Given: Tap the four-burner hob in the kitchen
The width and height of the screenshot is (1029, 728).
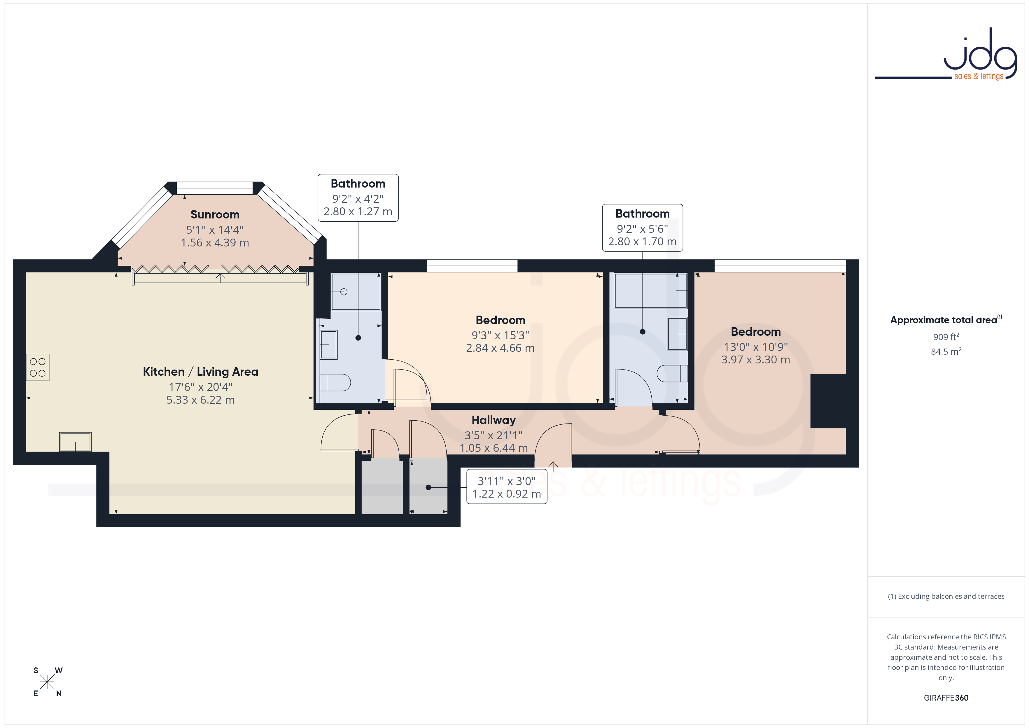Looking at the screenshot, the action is click(x=38, y=367).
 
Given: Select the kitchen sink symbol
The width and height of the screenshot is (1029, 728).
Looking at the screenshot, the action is click(x=75, y=442).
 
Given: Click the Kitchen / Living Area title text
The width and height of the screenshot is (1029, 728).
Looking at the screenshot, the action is click(x=200, y=372).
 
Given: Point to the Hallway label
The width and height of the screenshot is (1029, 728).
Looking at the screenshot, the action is click(x=494, y=420).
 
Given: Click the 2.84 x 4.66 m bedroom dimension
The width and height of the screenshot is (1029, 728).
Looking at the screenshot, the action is click(x=500, y=348).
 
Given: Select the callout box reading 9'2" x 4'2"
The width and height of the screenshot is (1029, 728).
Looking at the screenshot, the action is click(x=358, y=198).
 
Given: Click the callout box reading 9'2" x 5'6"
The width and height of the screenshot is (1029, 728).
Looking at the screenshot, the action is click(x=642, y=228).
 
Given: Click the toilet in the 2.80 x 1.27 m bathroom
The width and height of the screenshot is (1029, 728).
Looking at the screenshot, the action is click(x=335, y=382).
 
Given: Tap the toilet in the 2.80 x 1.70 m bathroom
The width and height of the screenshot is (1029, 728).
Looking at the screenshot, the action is click(x=672, y=373).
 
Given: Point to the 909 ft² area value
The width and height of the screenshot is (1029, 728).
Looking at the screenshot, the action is click(x=946, y=337).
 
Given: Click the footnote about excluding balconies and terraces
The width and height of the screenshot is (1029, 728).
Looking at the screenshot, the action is click(x=946, y=596).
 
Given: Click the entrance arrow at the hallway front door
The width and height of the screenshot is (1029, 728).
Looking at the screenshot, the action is click(x=553, y=466).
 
